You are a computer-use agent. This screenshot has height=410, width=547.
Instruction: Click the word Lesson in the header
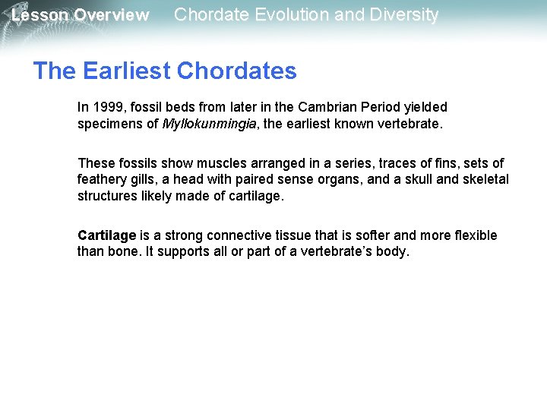(40, 15)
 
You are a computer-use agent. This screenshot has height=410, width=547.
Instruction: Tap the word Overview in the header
(111, 15)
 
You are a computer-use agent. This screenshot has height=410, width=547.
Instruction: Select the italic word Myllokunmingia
(209, 123)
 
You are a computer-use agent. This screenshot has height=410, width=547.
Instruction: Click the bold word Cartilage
(106, 235)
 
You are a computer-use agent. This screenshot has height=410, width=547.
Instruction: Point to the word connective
(232, 235)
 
